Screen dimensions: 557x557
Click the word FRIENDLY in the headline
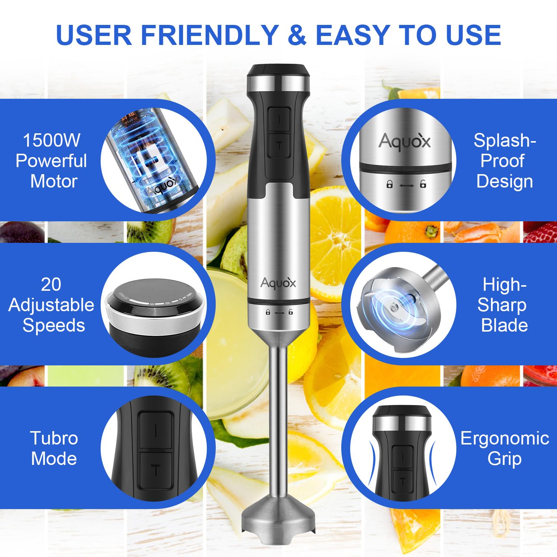(210, 35)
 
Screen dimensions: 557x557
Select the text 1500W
(51, 140)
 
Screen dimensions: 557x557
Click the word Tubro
(54, 438)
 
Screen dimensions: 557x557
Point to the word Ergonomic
(505, 438)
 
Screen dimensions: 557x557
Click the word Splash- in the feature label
(505, 140)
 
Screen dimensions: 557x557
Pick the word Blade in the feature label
(504, 325)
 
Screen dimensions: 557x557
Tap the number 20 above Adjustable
(51, 284)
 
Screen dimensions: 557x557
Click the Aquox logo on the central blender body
(278, 283)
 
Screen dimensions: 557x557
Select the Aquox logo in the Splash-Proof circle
(404, 141)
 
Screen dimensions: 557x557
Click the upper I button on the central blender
(279, 119)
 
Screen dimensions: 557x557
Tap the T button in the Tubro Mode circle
(156, 470)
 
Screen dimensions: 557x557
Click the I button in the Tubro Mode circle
(156, 431)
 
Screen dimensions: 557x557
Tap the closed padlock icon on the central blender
(268, 312)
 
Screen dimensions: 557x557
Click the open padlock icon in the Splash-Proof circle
(423, 184)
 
